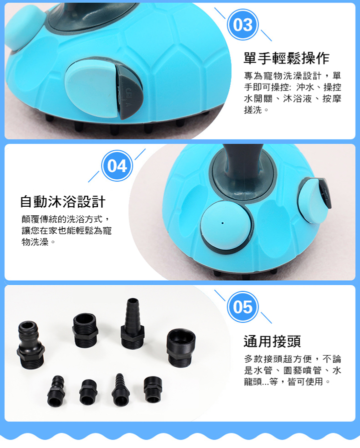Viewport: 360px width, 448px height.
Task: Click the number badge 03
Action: pos(243,25)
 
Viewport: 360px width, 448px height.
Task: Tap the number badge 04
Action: pos(117,166)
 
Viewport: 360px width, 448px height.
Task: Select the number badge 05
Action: pos(243,307)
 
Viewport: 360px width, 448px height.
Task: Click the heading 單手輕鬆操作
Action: pos(286,58)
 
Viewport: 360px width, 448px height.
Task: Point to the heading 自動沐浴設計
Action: pos(62,202)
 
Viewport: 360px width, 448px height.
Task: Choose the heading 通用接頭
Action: pos(272,341)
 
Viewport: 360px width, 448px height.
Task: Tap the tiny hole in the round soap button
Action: pos(222,223)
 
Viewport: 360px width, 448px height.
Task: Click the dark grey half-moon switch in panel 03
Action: pos(129,91)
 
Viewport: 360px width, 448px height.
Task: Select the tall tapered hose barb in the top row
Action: pos(132,324)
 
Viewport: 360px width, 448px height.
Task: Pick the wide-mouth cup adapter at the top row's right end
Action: pos(180,348)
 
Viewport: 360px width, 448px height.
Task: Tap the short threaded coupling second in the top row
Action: pos(85,330)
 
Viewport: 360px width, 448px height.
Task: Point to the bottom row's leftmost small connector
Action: pos(56,391)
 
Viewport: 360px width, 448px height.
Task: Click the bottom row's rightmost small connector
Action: pos(152,390)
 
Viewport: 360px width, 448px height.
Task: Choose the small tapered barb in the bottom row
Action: pos(120,390)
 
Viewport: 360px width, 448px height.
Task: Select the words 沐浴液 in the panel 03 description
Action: pos(297,98)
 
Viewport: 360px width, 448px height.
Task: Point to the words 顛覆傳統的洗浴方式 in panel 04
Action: pos(62,219)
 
